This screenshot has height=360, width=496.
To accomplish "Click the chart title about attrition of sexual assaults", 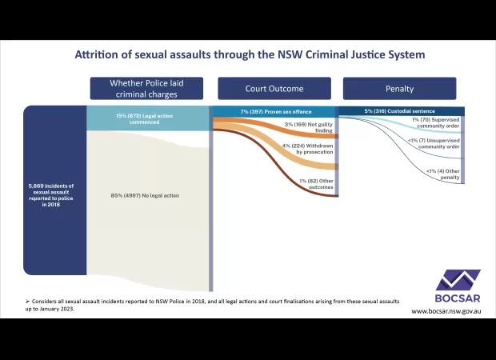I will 250,54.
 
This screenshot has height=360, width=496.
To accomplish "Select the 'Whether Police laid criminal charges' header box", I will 146,88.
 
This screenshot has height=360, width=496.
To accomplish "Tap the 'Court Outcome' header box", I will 274,88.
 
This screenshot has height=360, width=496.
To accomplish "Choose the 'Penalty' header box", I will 399,88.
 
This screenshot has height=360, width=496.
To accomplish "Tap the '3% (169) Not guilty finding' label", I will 308,128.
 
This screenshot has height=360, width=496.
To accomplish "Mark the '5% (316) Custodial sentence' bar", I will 400,111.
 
